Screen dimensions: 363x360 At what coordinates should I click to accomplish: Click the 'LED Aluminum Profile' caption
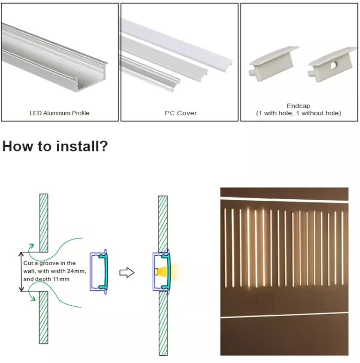coord(60,113)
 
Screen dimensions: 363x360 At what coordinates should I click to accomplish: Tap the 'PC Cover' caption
coord(180,113)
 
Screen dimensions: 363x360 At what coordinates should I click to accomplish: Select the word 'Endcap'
coord(298,106)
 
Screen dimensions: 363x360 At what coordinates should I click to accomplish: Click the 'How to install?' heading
coord(55,146)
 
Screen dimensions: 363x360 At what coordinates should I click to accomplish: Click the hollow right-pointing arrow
coord(127,272)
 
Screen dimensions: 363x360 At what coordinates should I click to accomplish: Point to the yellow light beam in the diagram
coord(170,272)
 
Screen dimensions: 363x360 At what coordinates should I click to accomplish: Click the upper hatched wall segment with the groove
coord(44,222)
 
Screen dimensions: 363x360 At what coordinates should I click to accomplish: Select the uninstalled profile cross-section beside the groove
coord(100,271)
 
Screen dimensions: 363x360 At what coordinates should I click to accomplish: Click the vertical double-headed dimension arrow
coord(21,272)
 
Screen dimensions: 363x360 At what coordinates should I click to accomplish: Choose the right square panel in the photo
coord(330,301)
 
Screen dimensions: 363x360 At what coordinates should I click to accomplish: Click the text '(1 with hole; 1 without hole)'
coord(298,113)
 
